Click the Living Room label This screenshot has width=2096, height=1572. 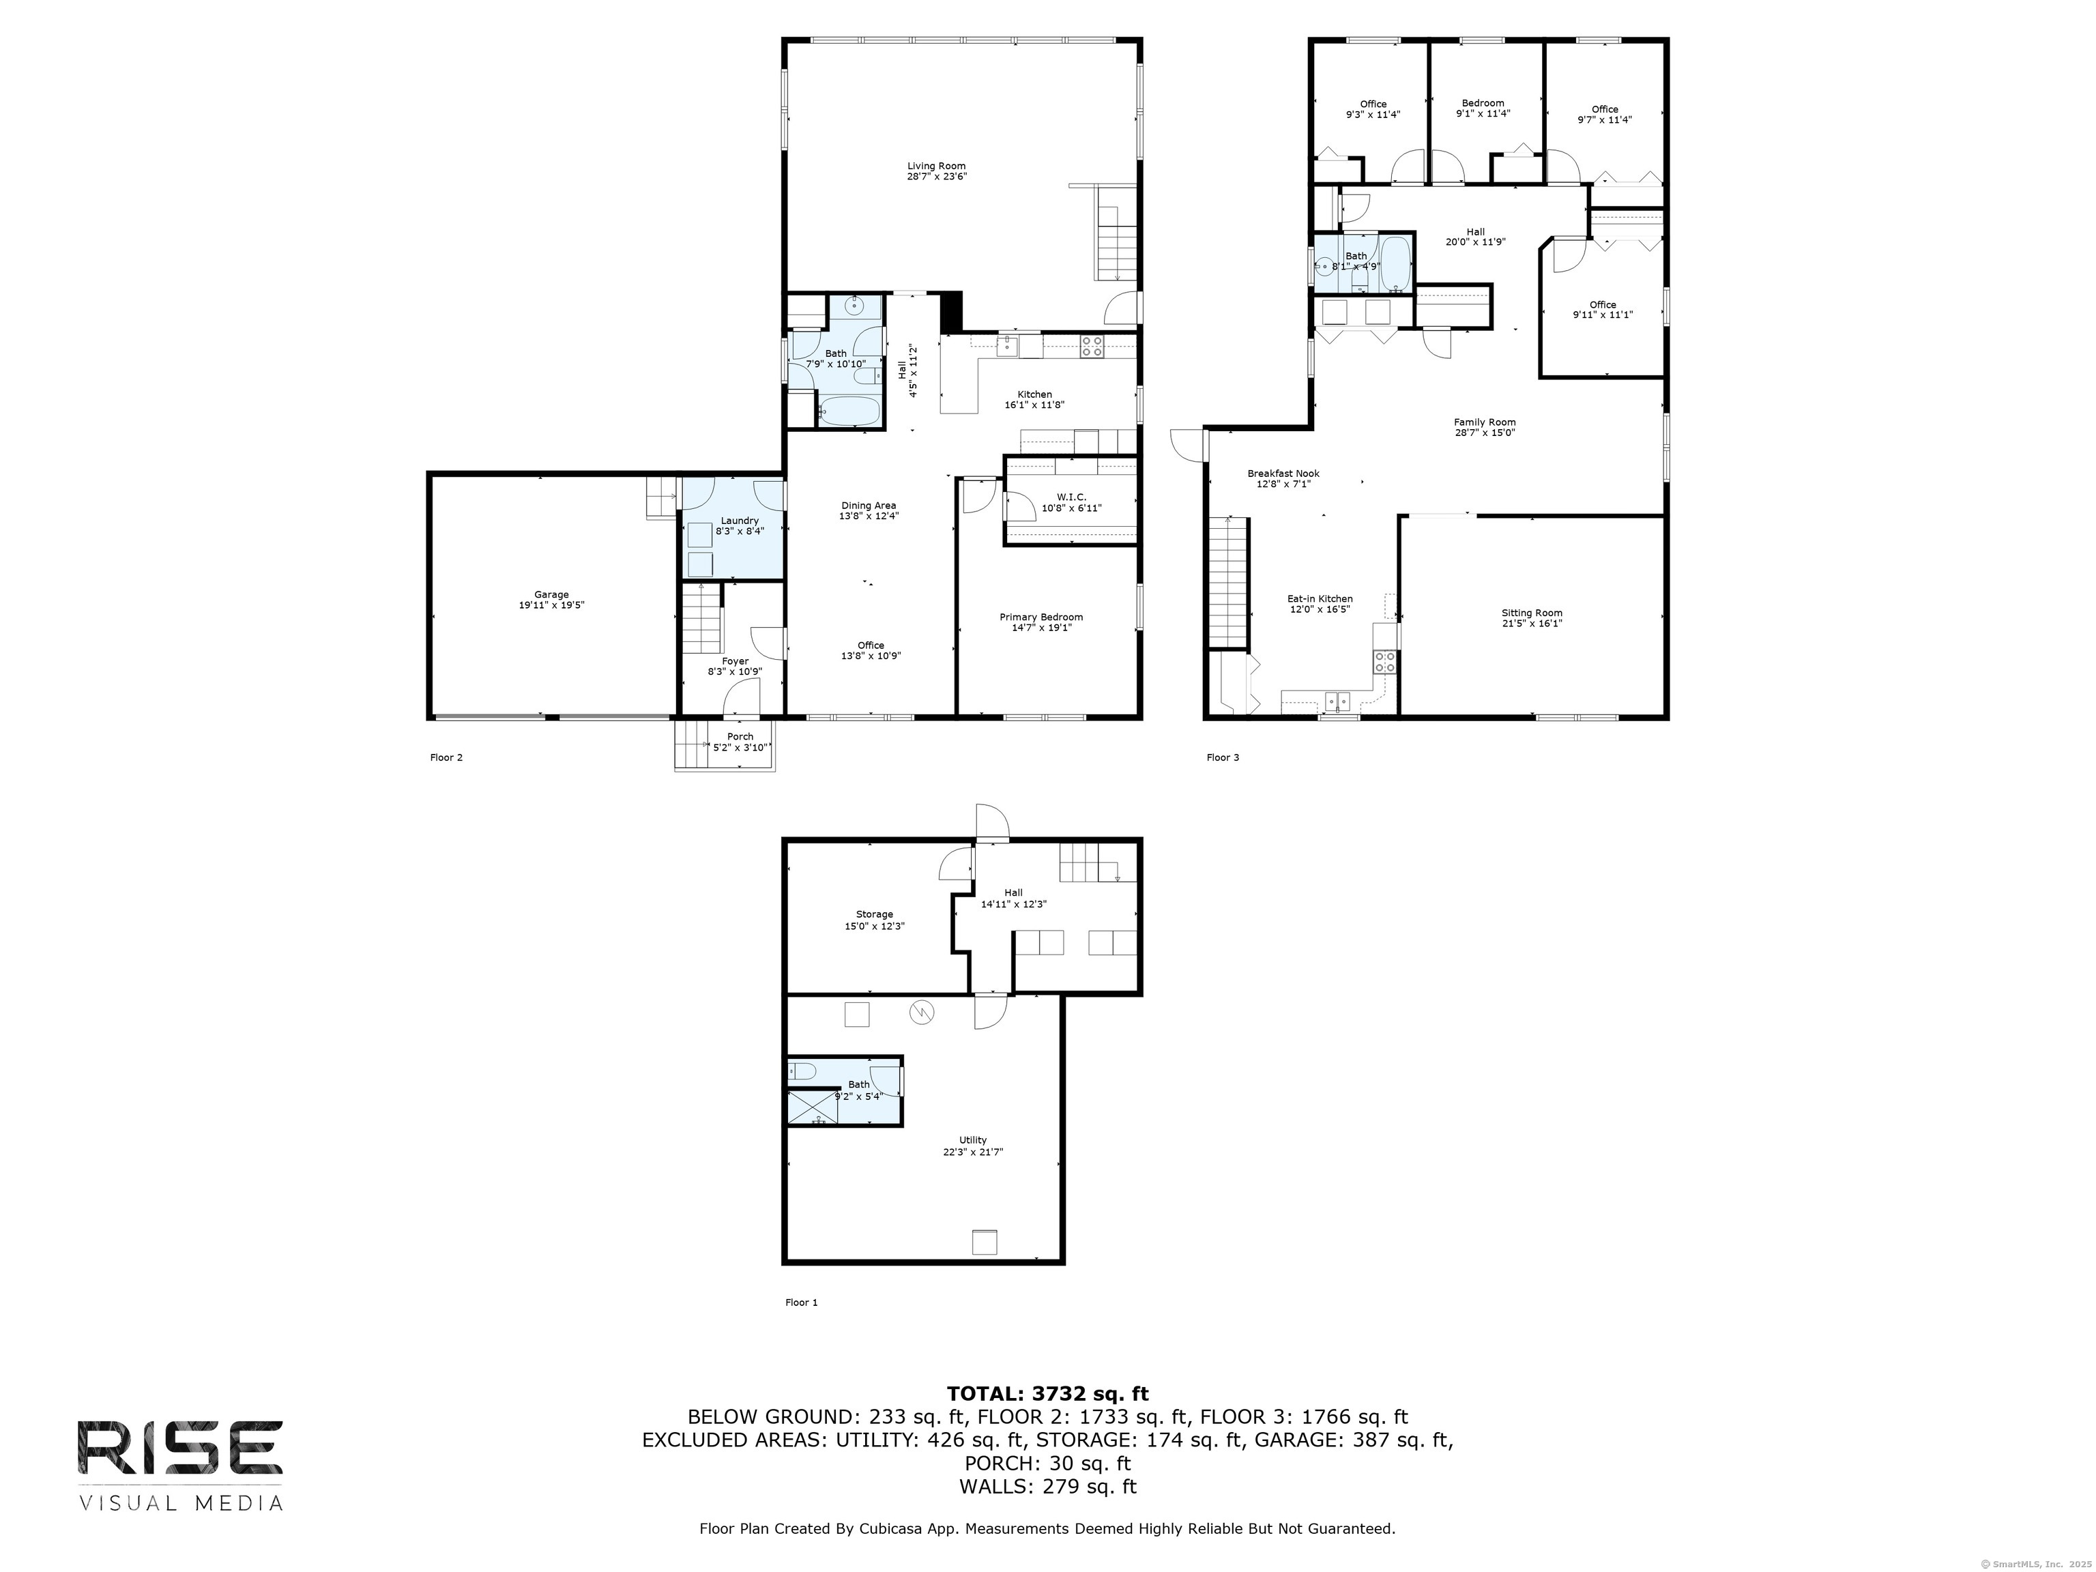click(936, 166)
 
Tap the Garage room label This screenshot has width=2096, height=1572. click(551, 595)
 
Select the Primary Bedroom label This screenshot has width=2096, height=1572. click(1041, 617)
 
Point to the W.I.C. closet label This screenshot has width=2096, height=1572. click(1072, 497)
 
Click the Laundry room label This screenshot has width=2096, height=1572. click(739, 520)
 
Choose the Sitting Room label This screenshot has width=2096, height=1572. click(1532, 613)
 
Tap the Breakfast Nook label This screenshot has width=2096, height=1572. click(1283, 474)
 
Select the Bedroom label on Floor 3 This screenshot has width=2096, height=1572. click(1483, 103)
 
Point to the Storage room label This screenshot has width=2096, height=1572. click(875, 914)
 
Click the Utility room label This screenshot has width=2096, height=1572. click(973, 1140)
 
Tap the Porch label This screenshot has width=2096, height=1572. click(740, 736)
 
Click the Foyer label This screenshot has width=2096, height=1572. click(736, 661)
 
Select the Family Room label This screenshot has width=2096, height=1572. click(1485, 422)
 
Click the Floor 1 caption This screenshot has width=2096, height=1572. click(802, 1302)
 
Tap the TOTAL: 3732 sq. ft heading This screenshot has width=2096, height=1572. click(1047, 1393)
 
